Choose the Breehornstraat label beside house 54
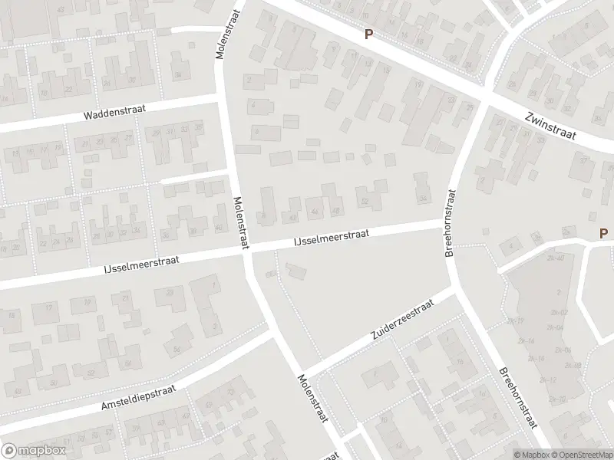click(451, 225)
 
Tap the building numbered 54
click(422, 198)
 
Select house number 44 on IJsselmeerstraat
click(315, 212)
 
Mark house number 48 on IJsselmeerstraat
click(335, 210)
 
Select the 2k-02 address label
click(558, 313)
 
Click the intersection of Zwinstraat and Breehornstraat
click(487, 94)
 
